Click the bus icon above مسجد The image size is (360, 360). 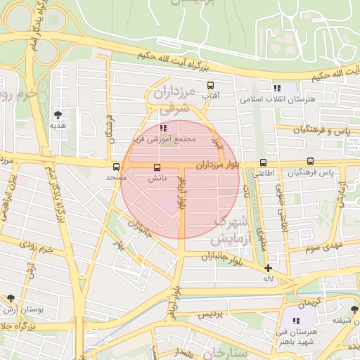pyautogui.click(x=117, y=167)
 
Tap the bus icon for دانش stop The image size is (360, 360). pyautogui.click(x=156, y=167)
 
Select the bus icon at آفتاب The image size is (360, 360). pyautogui.click(x=210, y=86)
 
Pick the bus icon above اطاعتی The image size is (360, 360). pyautogui.click(x=263, y=162)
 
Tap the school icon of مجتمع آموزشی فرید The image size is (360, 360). pyautogui.click(x=163, y=129)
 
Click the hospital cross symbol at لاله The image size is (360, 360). pyautogui.click(x=268, y=268)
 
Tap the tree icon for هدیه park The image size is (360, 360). pyautogui.click(x=58, y=115)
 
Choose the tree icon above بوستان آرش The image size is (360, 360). pyautogui.click(x=10, y=298)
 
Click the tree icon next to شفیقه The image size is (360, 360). pyautogui.click(x=354, y=309)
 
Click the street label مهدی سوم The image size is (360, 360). pyautogui.click(x=322, y=247)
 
